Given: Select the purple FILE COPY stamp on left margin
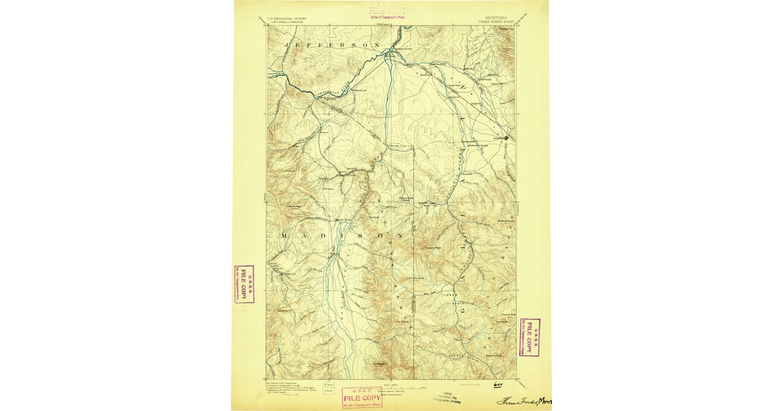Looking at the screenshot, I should (244, 284).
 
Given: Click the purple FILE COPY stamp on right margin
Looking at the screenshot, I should (529, 337).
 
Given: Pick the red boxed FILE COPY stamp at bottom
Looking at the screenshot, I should (362, 397).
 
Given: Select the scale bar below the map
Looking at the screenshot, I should (391, 383).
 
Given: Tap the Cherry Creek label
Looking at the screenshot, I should (405, 200).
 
